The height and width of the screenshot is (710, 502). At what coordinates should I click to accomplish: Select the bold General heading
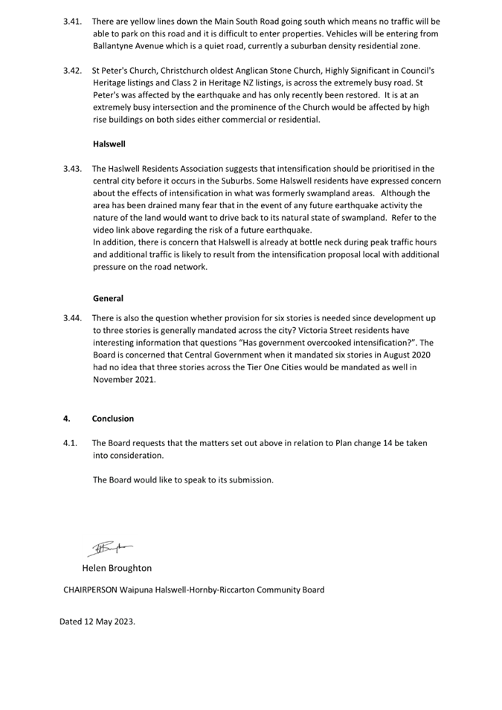coord(108,298)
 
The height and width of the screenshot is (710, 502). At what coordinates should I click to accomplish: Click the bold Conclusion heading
coord(113,419)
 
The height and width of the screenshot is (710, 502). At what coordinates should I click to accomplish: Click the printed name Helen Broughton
coord(117,568)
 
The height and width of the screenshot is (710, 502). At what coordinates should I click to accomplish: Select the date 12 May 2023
coord(109,621)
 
